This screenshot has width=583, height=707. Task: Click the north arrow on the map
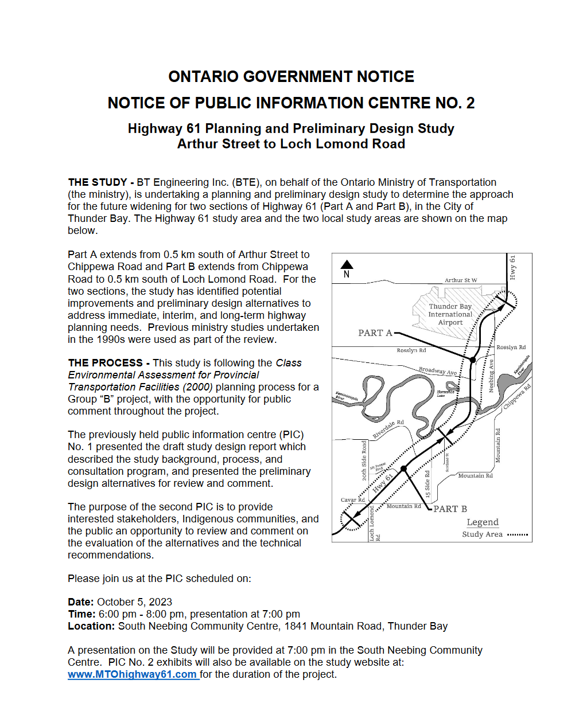[347, 265]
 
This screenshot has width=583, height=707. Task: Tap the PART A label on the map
[375, 333]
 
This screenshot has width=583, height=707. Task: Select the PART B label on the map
[450, 509]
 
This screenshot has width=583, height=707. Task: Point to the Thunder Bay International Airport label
[450, 314]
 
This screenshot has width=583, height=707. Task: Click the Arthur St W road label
[461, 280]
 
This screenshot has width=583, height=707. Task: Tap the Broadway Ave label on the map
[438, 371]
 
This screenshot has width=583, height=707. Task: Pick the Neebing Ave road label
[491, 376]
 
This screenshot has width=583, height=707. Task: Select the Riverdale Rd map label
[388, 429]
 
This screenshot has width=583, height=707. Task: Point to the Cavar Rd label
[353, 500]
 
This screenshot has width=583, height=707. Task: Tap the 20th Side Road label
[364, 460]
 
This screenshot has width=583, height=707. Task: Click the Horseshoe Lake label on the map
[445, 393]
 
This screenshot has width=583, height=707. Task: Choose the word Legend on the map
[483, 522]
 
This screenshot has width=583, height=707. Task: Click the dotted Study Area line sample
[518, 534]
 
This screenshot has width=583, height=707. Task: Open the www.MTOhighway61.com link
[133, 674]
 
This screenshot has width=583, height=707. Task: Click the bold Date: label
[81, 602]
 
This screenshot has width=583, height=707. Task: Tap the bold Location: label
[91, 626]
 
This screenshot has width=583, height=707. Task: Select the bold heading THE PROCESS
[105, 363]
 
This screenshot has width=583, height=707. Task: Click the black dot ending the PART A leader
[473, 360]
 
